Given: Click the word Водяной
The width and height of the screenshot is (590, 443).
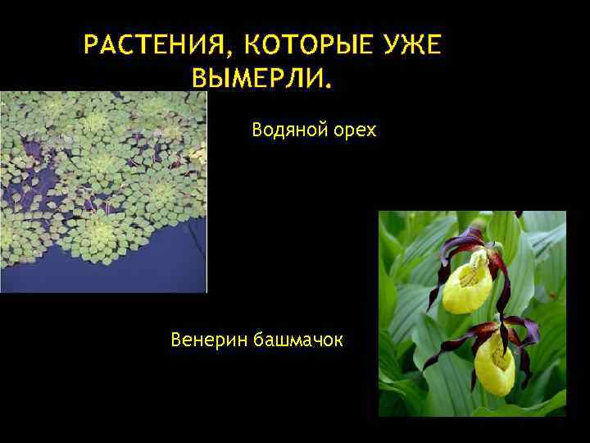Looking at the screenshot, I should click(286, 129).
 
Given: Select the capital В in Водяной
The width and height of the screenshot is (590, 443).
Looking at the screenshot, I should click(257, 129).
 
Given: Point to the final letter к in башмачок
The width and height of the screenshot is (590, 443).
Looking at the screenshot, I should click(340, 339).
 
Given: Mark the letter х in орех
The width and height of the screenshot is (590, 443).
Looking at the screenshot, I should click(371, 130).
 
